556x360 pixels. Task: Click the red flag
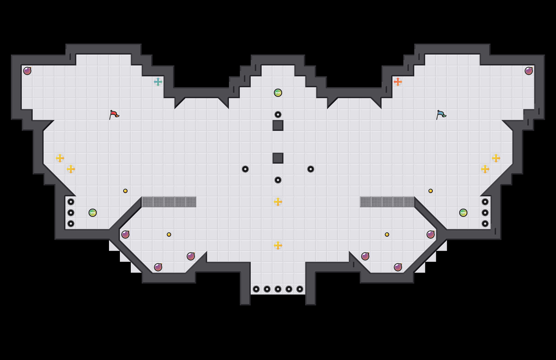[x=114, y=115]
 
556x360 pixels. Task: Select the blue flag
[x=441, y=115]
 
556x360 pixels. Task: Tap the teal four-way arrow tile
[x=158, y=82]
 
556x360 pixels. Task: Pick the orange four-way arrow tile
[x=398, y=82]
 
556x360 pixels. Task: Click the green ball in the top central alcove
[x=278, y=93]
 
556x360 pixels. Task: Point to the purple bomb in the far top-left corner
[x=27, y=71]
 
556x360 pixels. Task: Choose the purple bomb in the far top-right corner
[x=529, y=71]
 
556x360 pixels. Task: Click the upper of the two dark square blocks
[x=278, y=125]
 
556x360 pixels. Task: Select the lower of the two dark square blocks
[x=278, y=158]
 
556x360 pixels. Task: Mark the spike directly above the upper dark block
[x=278, y=115]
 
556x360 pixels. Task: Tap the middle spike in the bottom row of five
[x=278, y=289]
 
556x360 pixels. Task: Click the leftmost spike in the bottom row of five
[x=256, y=289]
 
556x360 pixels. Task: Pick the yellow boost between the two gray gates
[x=278, y=202]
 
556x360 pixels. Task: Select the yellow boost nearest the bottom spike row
[x=278, y=245]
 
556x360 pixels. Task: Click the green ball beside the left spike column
[x=93, y=213]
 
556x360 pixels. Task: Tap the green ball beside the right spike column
[x=463, y=213]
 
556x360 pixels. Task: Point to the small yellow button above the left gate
[x=125, y=191]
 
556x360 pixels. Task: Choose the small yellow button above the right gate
[x=431, y=191]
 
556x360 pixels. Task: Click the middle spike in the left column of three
[x=71, y=213]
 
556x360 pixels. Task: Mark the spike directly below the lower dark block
[x=278, y=180]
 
